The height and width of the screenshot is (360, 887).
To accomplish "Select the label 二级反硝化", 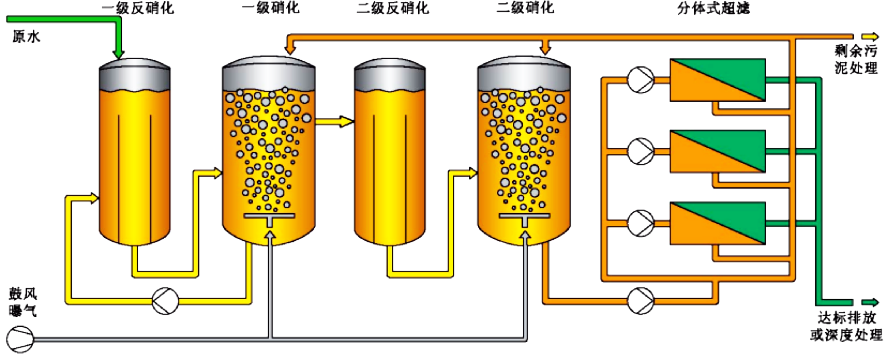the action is point(393,8).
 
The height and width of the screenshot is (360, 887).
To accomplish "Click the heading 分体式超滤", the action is point(713,8).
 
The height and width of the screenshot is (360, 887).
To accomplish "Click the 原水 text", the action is point(27,36).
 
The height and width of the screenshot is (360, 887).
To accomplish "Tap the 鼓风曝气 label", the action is point(23,302).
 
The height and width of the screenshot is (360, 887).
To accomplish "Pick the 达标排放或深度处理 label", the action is point(846,326).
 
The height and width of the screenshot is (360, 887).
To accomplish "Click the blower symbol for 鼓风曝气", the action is point(20,339).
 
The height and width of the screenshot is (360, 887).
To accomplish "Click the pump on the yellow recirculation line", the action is point(165,301).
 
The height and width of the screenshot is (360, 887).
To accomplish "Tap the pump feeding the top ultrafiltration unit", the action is point(640,80).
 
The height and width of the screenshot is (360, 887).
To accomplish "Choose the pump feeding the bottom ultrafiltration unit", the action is point(640,223).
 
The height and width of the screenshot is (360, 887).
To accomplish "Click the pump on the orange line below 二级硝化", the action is point(640,301).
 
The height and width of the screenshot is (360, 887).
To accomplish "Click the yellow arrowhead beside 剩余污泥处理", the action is point(870,36).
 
